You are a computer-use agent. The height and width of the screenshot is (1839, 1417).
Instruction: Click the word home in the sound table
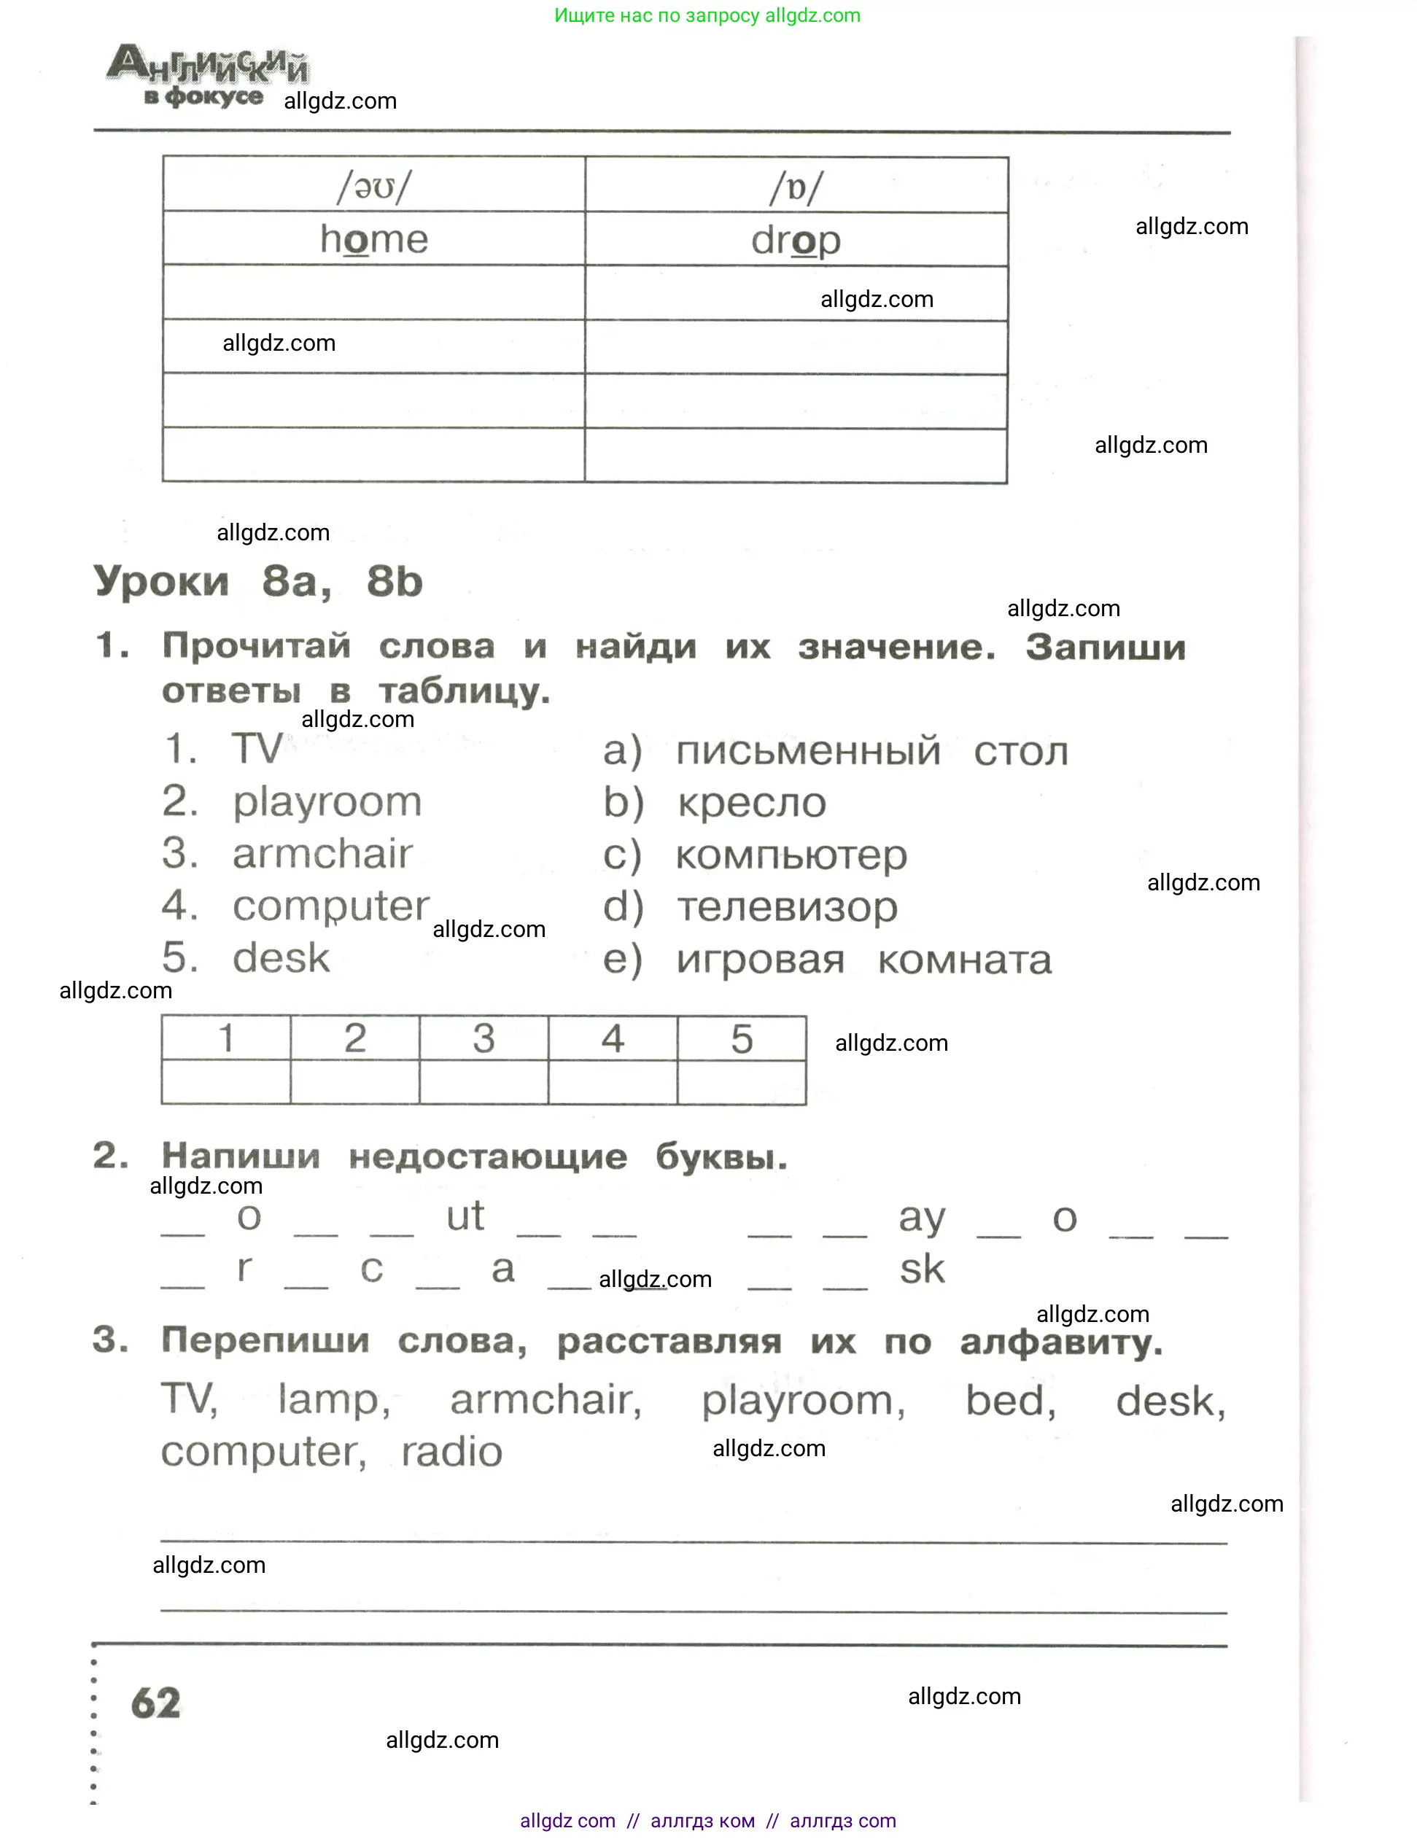[374, 240]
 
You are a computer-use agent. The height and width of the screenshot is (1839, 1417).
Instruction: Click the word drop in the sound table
[796, 241]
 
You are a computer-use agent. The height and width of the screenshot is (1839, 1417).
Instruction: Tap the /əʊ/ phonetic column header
[374, 186]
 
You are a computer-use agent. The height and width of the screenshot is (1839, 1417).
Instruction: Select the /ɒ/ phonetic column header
[796, 187]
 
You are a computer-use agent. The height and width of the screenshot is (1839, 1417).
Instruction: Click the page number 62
[156, 1703]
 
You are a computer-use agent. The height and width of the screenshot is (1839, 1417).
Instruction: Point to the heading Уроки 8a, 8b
[257, 581]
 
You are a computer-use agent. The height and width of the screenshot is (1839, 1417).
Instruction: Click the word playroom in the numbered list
[327, 801]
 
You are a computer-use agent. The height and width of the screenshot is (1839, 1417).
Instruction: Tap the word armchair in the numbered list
[322, 854]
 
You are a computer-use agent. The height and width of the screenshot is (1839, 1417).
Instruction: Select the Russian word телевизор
[787, 908]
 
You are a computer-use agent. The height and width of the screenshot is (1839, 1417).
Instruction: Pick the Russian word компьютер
[791, 855]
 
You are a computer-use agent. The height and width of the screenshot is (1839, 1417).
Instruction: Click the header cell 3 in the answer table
[484, 1038]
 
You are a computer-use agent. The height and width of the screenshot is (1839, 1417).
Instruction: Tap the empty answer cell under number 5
[741, 1082]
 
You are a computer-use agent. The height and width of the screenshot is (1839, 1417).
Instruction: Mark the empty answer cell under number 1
[225, 1082]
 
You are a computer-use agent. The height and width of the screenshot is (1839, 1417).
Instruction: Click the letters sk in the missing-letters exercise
[922, 1269]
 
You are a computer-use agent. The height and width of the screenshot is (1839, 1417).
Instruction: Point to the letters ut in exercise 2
[465, 1216]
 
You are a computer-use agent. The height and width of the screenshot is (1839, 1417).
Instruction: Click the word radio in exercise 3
[451, 1452]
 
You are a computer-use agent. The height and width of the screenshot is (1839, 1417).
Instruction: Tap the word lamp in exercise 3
[333, 1400]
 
